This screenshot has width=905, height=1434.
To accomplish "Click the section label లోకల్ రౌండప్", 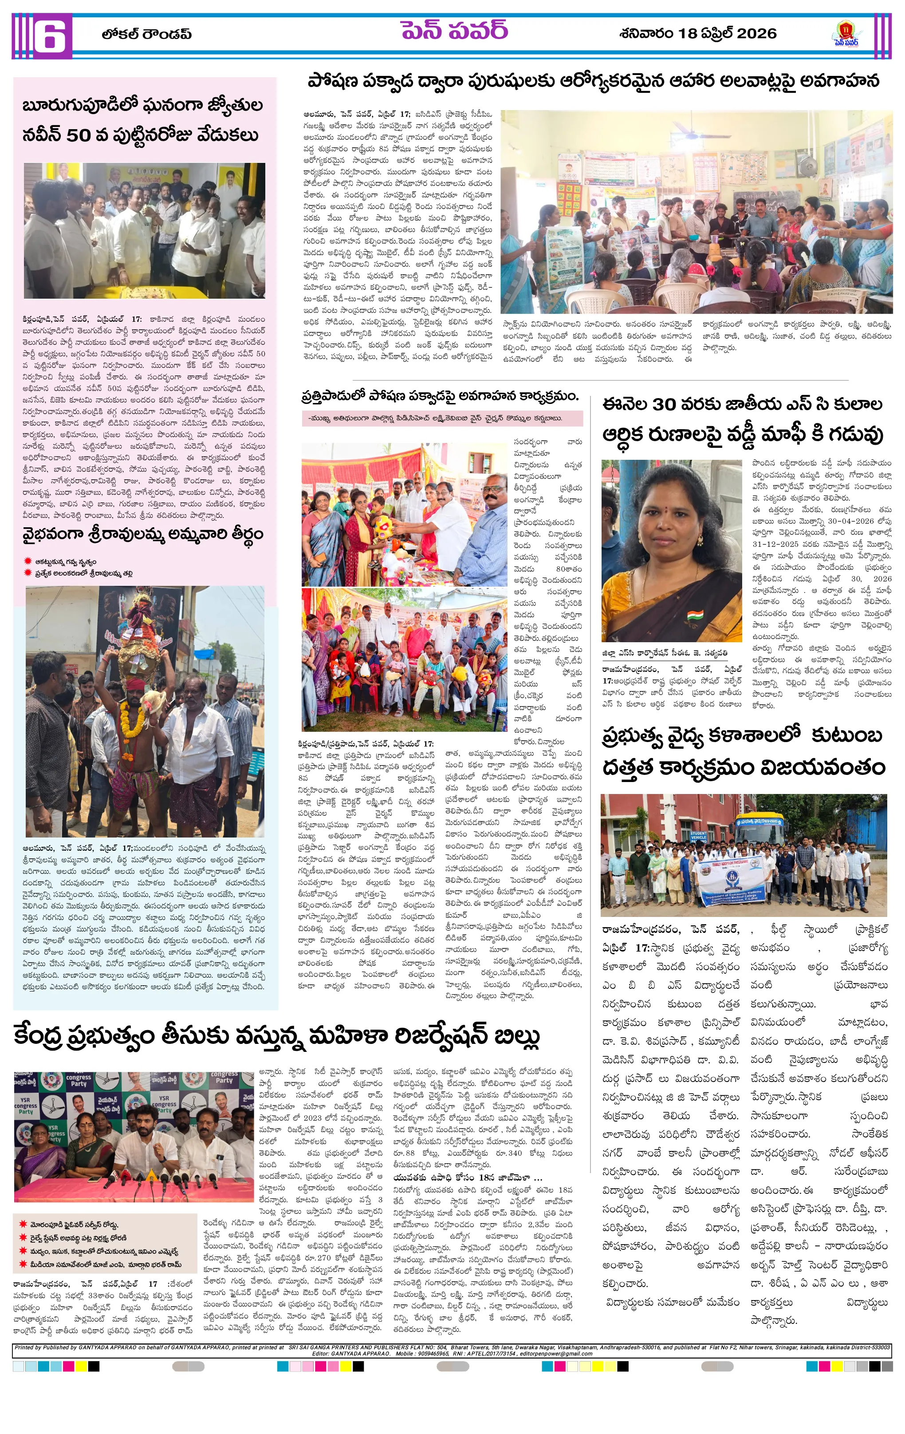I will pyautogui.click(x=146, y=35).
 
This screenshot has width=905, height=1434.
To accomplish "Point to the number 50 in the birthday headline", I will pyautogui.click(x=77, y=135).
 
